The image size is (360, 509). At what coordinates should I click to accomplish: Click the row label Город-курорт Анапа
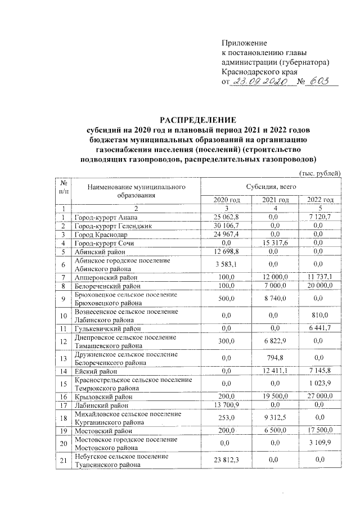[x=106, y=217]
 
